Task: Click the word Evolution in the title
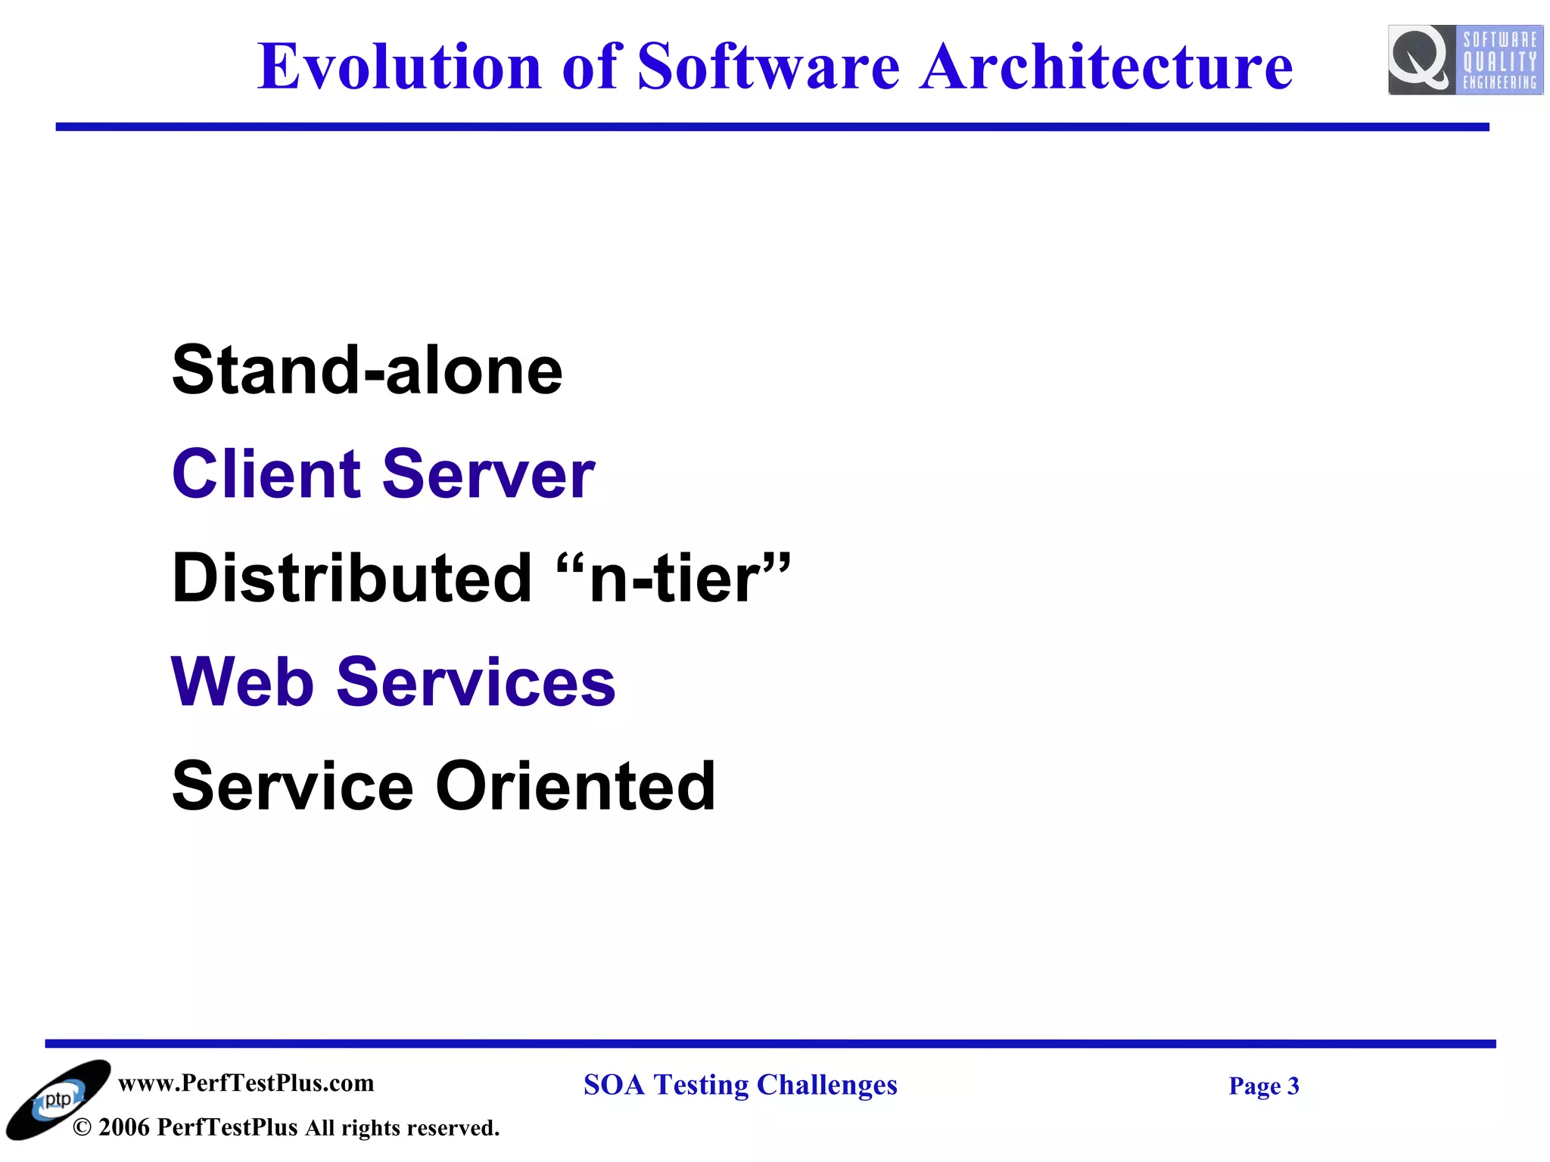[x=399, y=67]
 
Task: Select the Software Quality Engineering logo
[x=1464, y=60]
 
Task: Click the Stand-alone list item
[x=367, y=370]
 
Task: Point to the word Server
[x=488, y=474]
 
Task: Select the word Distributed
[x=352, y=579]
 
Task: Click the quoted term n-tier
[x=674, y=579]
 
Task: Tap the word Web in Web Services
[x=242, y=682]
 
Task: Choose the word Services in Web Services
[x=475, y=682]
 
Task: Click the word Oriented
[x=575, y=787]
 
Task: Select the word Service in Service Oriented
[x=292, y=787]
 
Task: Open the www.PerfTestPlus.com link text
[x=246, y=1083]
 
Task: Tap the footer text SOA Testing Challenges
[x=740, y=1085]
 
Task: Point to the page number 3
[x=1293, y=1086]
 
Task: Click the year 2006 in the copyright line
[x=124, y=1127]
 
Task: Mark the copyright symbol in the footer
[x=82, y=1128]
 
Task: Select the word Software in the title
[x=768, y=67]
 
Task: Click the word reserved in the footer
[x=454, y=1128]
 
